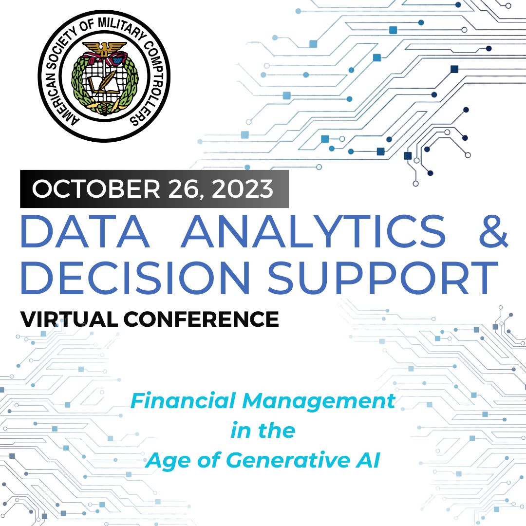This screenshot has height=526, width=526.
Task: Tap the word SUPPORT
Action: click(x=382, y=279)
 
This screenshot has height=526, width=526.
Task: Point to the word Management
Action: click(x=319, y=402)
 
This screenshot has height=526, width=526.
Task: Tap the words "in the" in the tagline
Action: click(x=263, y=431)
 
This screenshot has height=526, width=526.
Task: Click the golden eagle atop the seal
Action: click(x=104, y=48)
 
